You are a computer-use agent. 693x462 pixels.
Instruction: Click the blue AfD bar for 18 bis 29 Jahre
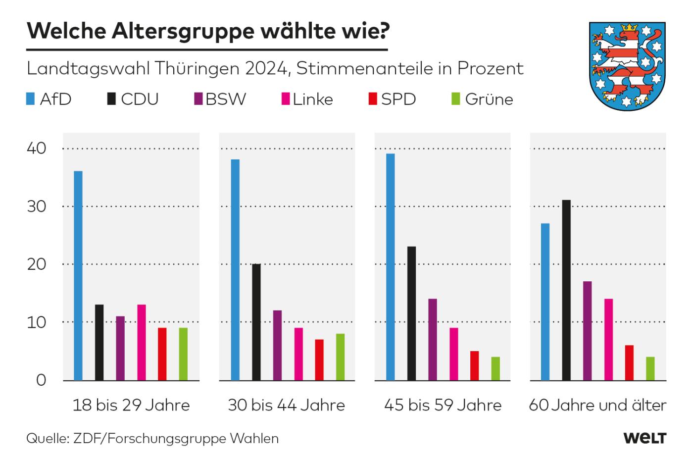coord(78,275)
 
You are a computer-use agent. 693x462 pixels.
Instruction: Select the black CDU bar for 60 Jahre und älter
coord(566,290)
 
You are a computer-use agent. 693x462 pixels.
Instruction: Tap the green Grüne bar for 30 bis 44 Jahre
coord(340,357)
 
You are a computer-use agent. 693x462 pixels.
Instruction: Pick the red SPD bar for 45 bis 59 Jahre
coord(475,365)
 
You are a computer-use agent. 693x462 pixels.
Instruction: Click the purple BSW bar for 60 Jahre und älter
coord(588,331)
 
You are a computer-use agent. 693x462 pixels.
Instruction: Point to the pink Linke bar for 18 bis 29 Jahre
coord(142,342)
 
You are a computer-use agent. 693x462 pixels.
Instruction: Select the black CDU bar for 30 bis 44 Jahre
coord(256,322)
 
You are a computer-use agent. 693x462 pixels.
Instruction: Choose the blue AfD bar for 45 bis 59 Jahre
coord(390,267)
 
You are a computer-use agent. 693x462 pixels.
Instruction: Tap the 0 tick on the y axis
coord(41,380)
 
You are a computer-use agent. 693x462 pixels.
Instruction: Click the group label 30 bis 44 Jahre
coord(286,406)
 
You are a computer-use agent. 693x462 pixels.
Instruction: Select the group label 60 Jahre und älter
coord(597,406)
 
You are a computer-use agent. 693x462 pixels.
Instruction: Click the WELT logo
coord(644,438)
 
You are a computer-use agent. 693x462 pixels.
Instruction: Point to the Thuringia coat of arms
coord(626,65)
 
